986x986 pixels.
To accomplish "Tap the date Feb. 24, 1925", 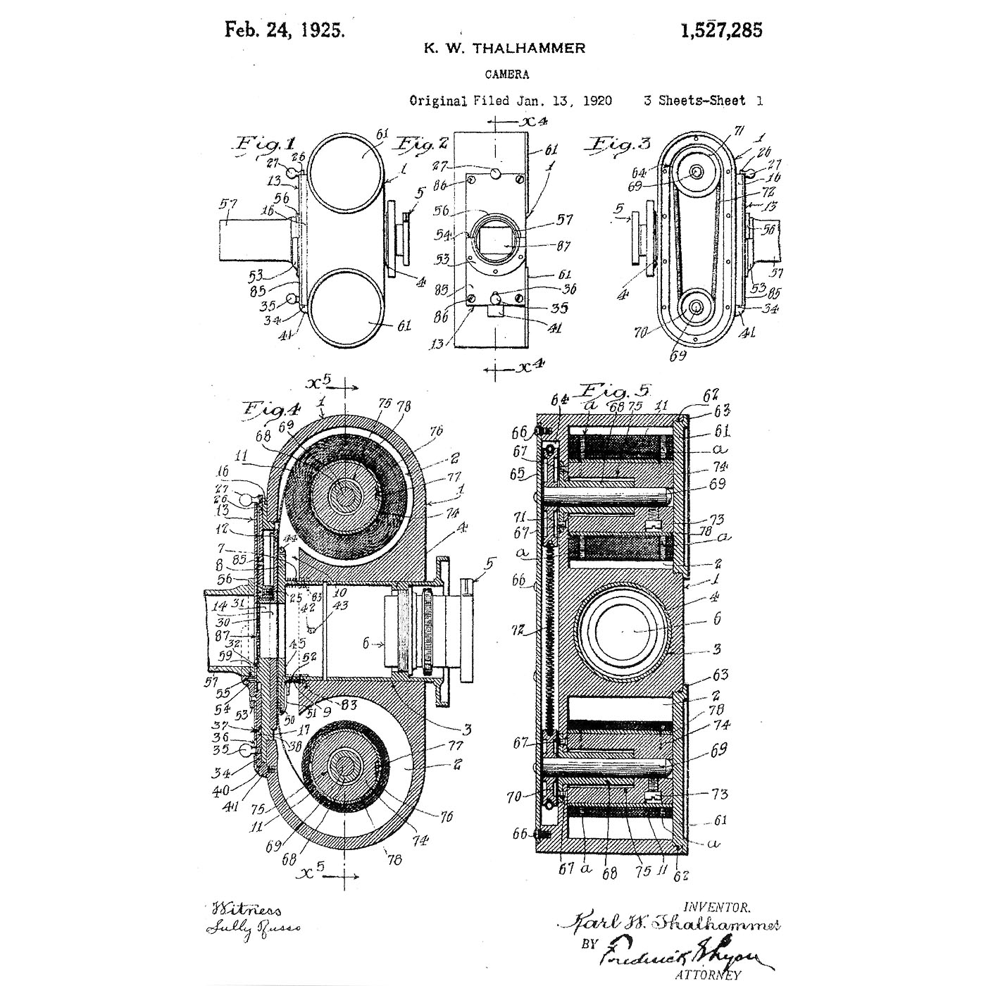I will click(x=285, y=30).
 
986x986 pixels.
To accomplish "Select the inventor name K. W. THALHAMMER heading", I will click(x=504, y=49).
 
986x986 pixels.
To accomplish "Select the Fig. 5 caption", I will click(x=614, y=390).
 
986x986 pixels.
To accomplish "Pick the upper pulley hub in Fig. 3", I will click(x=697, y=172).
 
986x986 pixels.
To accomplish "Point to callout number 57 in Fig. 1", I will click(x=227, y=205).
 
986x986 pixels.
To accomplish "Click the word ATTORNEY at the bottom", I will click(x=708, y=975).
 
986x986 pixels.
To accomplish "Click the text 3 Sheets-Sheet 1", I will click(x=703, y=101).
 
